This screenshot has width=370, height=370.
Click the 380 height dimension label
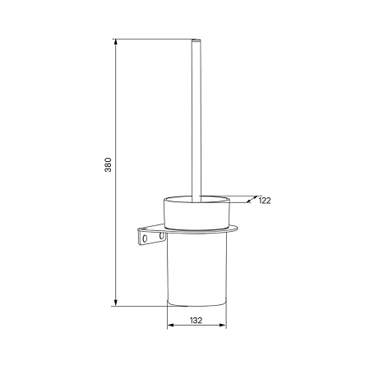(109, 164)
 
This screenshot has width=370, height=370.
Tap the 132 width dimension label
(196, 320)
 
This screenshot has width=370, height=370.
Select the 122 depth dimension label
(265, 201)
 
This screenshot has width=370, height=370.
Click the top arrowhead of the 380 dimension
(116, 42)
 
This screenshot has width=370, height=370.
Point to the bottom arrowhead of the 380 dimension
(116, 303)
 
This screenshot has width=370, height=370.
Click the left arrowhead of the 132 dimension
(170, 325)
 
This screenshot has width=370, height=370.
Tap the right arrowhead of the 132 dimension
(223, 325)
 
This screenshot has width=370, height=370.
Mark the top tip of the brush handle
(196, 40)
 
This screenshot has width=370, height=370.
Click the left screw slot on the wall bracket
(145, 238)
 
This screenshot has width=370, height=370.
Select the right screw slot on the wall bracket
(161, 236)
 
